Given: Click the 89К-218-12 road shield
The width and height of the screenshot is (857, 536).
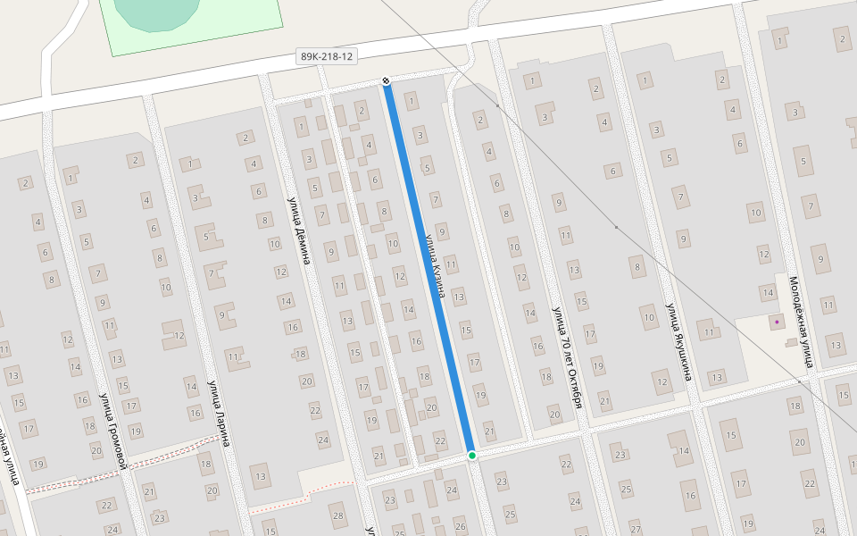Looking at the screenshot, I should click(327, 56).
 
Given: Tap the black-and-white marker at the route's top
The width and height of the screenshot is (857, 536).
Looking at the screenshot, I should click(386, 81).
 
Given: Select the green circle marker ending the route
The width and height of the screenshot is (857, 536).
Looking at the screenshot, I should click(472, 456).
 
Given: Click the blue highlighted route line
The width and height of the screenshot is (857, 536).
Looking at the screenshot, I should click(428, 268).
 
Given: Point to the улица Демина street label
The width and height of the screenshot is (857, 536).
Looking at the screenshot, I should click(300, 230).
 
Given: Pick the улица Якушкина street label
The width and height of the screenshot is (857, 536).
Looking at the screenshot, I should click(678, 342).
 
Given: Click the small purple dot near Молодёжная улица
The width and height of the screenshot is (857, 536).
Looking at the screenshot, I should click(777, 322).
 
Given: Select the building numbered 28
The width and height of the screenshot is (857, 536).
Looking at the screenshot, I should click(337, 515).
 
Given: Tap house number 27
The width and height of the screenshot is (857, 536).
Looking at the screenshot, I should click(635, 529).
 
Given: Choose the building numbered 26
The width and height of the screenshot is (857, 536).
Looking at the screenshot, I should click(460, 526).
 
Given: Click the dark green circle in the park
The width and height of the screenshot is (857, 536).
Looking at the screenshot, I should click(158, 11).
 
